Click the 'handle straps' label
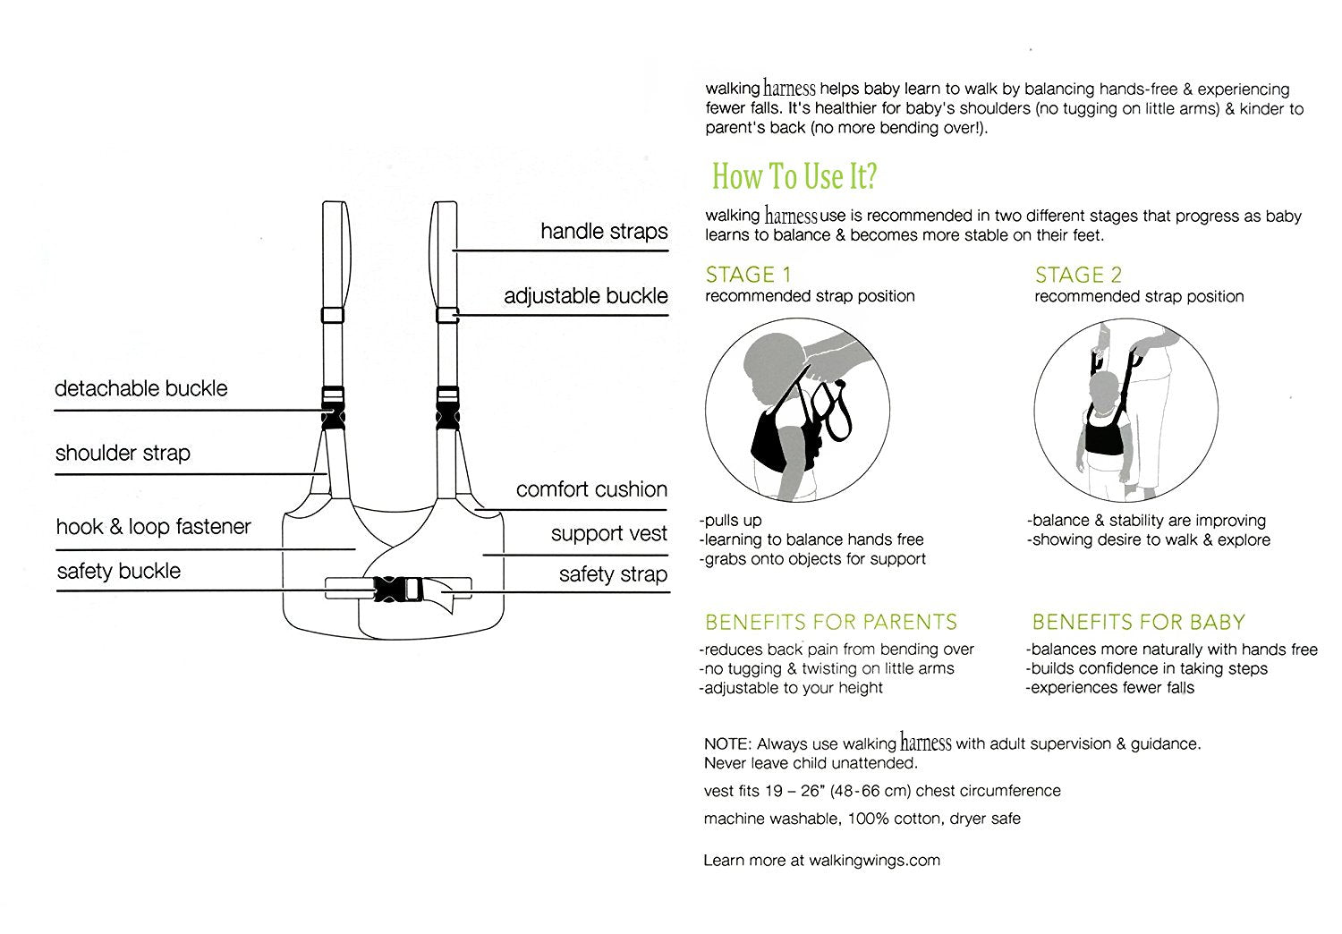604,232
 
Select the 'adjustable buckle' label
585,296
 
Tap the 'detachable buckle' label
141,388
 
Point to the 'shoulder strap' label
123,453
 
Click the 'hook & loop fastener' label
153,526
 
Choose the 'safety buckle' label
119,571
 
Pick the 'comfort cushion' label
591,489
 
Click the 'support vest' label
608,534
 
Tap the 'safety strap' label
613,574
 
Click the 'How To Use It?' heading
794,176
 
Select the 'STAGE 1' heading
748,275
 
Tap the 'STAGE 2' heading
1078,275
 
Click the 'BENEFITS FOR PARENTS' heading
831,622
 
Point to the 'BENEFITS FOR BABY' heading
1138,622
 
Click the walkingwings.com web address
874,861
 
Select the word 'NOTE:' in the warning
727,744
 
